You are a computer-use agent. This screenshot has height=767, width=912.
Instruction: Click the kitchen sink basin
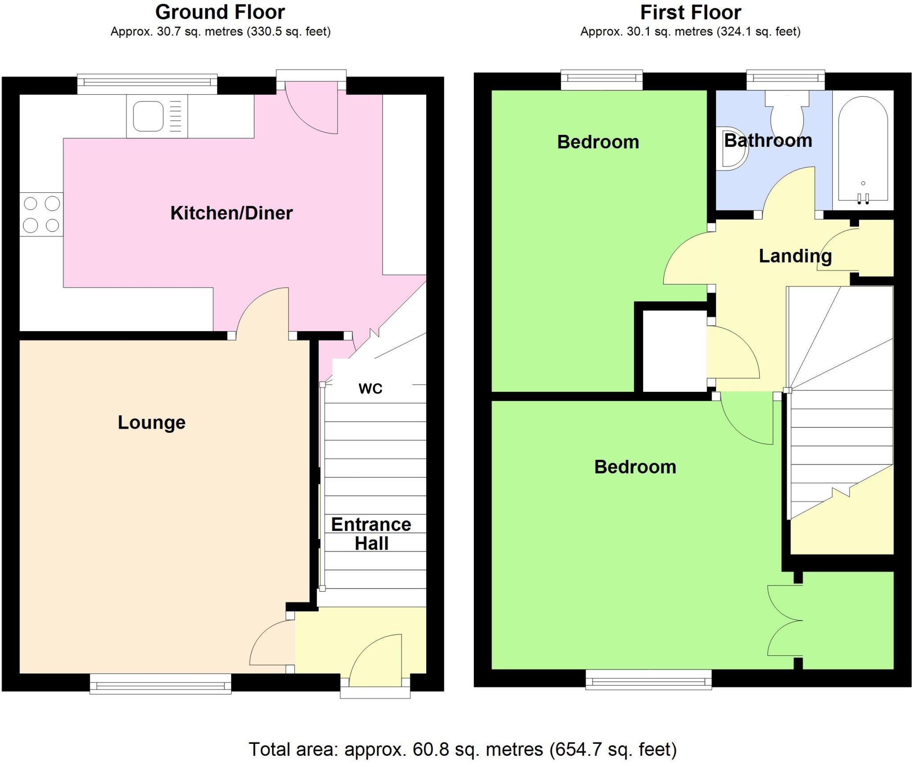coord(148,116)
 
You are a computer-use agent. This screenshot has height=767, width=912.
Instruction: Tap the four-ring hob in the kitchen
coord(41,215)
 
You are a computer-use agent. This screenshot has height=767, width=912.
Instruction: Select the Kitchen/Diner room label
coord(231,213)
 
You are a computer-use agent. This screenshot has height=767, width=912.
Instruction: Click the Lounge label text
coord(151,422)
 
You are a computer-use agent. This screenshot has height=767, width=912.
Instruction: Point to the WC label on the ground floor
coord(370,389)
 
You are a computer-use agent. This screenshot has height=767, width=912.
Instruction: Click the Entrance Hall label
coord(371,534)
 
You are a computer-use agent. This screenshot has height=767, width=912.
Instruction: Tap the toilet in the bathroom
coord(787,115)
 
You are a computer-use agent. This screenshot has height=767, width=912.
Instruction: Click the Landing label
coord(795,256)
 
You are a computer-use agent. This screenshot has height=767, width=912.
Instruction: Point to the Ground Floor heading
coord(220,12)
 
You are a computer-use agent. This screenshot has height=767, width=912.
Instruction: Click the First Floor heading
coord(690,12)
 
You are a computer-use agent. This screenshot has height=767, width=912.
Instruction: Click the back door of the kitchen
coord(312,107)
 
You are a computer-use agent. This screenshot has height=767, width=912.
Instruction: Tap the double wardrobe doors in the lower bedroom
coord(785,621)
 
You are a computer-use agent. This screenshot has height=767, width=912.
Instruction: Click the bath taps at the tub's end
coord(863,199)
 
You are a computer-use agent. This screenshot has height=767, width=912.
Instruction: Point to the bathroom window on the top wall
coord(785,79)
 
